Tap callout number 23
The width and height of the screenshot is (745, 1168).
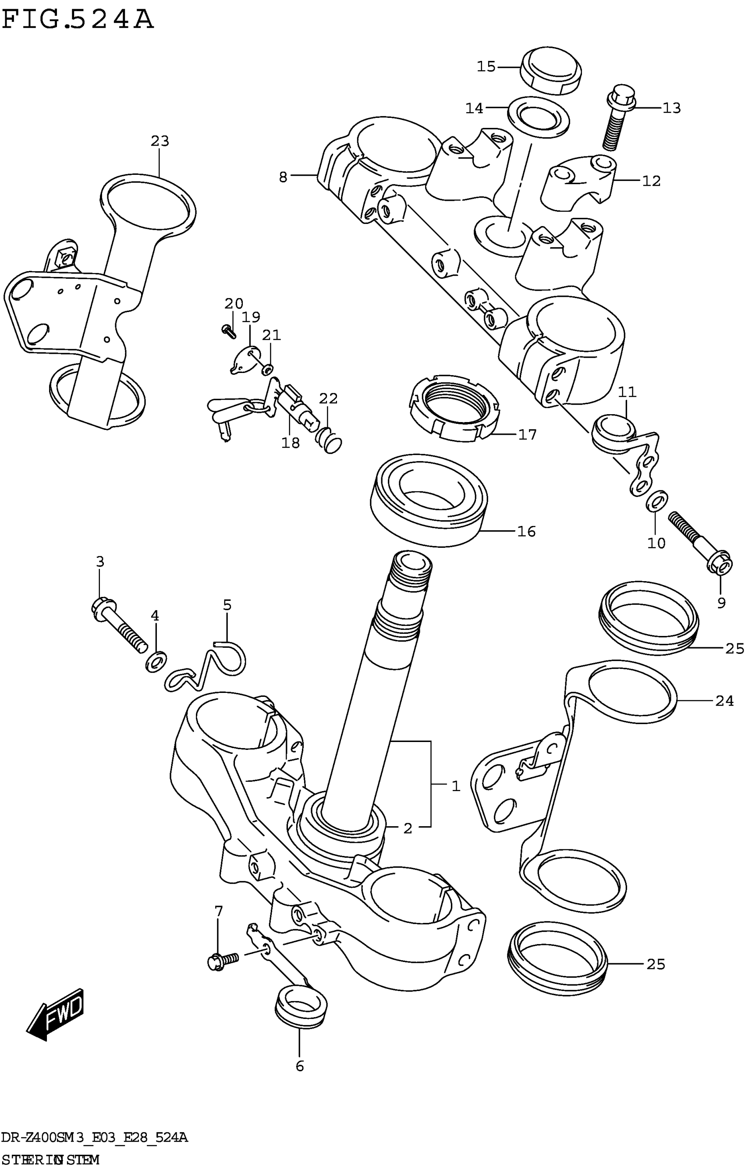(x=160, y=141)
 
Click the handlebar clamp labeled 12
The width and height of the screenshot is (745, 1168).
(x=578, y=182)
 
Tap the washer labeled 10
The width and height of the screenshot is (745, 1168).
(x=656, y=501)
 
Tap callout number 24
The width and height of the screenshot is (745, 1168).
(x=724, y=701)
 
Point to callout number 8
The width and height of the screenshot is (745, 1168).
(x=283, y=178)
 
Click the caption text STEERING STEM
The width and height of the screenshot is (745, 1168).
(x=50, y=1159)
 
